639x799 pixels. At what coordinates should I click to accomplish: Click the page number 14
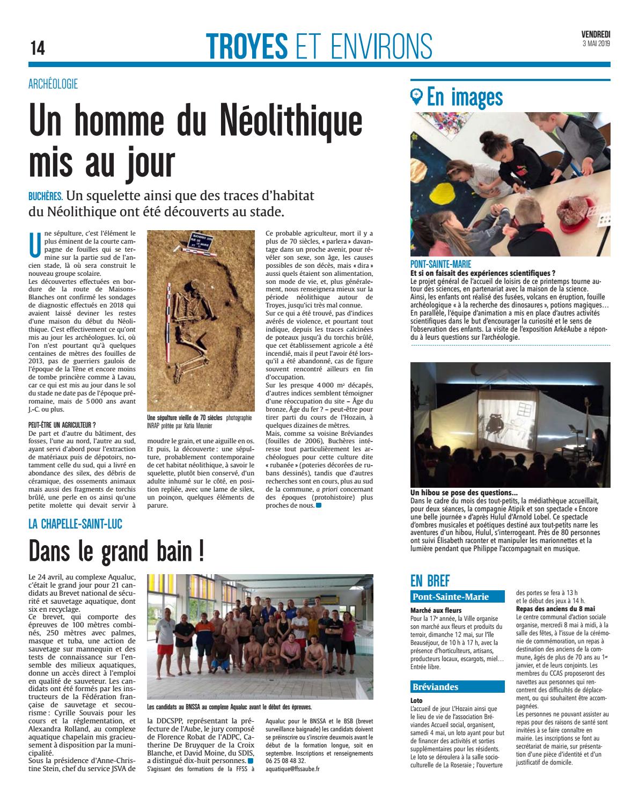38,48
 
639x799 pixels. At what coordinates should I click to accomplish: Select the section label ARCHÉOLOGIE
53,84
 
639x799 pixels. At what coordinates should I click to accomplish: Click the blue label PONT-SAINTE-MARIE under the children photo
440,264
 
